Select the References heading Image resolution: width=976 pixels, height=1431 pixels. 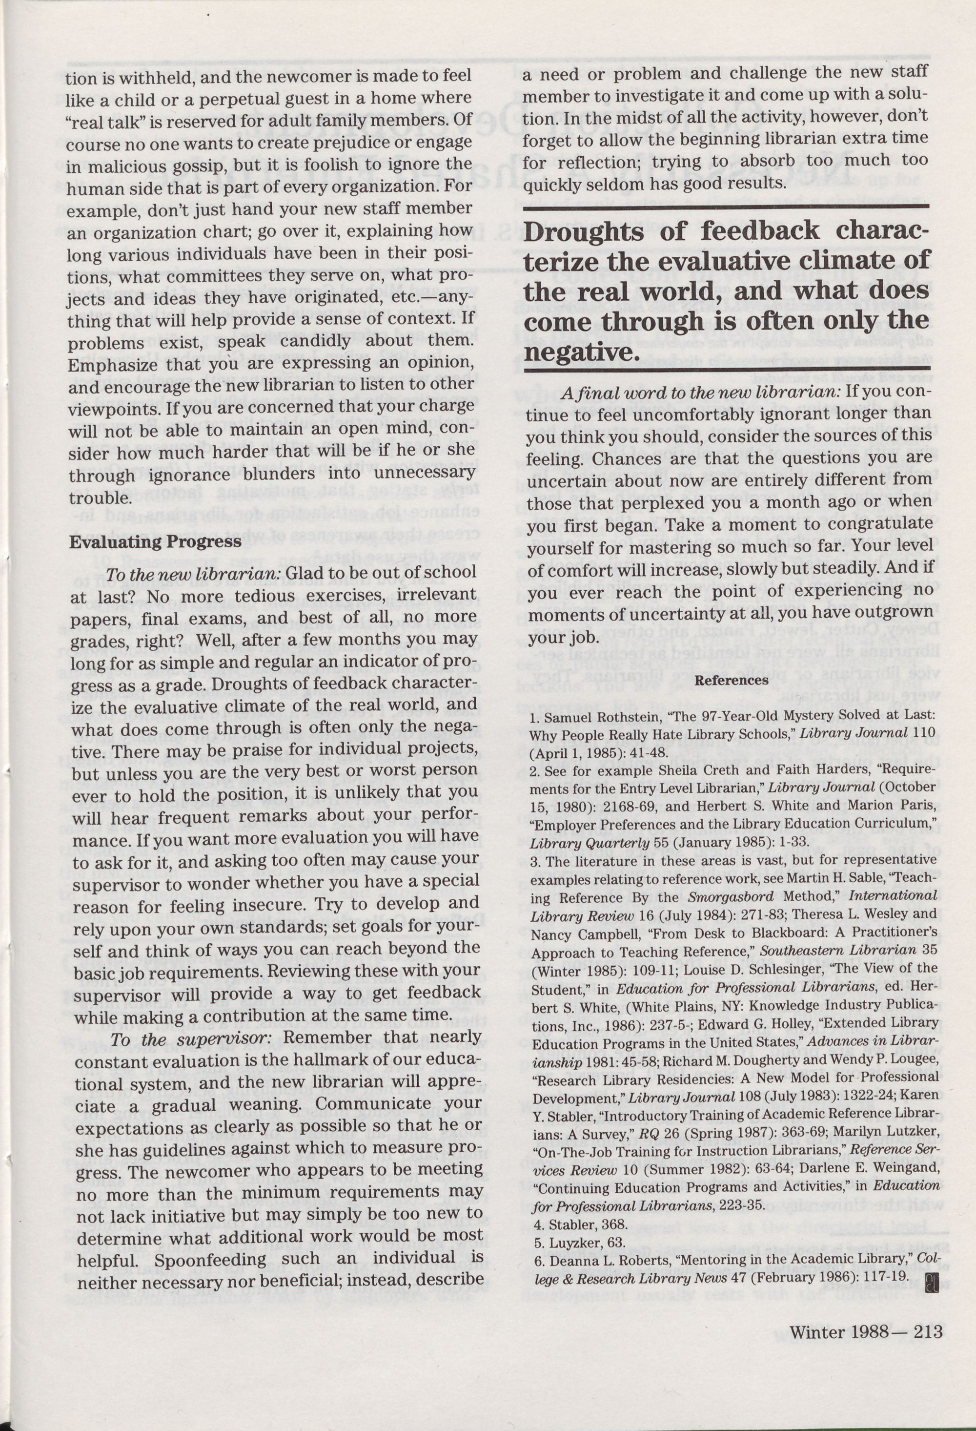tap(731, 681)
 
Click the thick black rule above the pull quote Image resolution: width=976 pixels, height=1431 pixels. tap(726, 210)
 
